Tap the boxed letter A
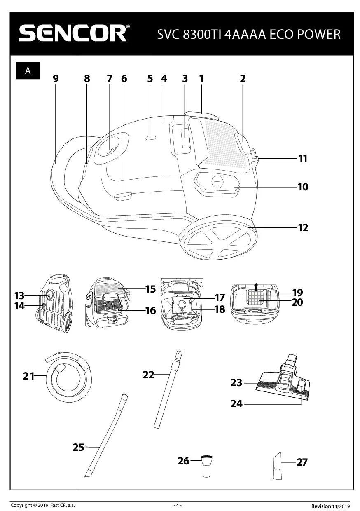point(28,70)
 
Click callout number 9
point(56,78)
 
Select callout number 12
point(303,227)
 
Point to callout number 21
point(28,375)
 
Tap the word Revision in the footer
point(321,506)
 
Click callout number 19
point(297,293)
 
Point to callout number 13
point(19,295)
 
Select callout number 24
point(236,403)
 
